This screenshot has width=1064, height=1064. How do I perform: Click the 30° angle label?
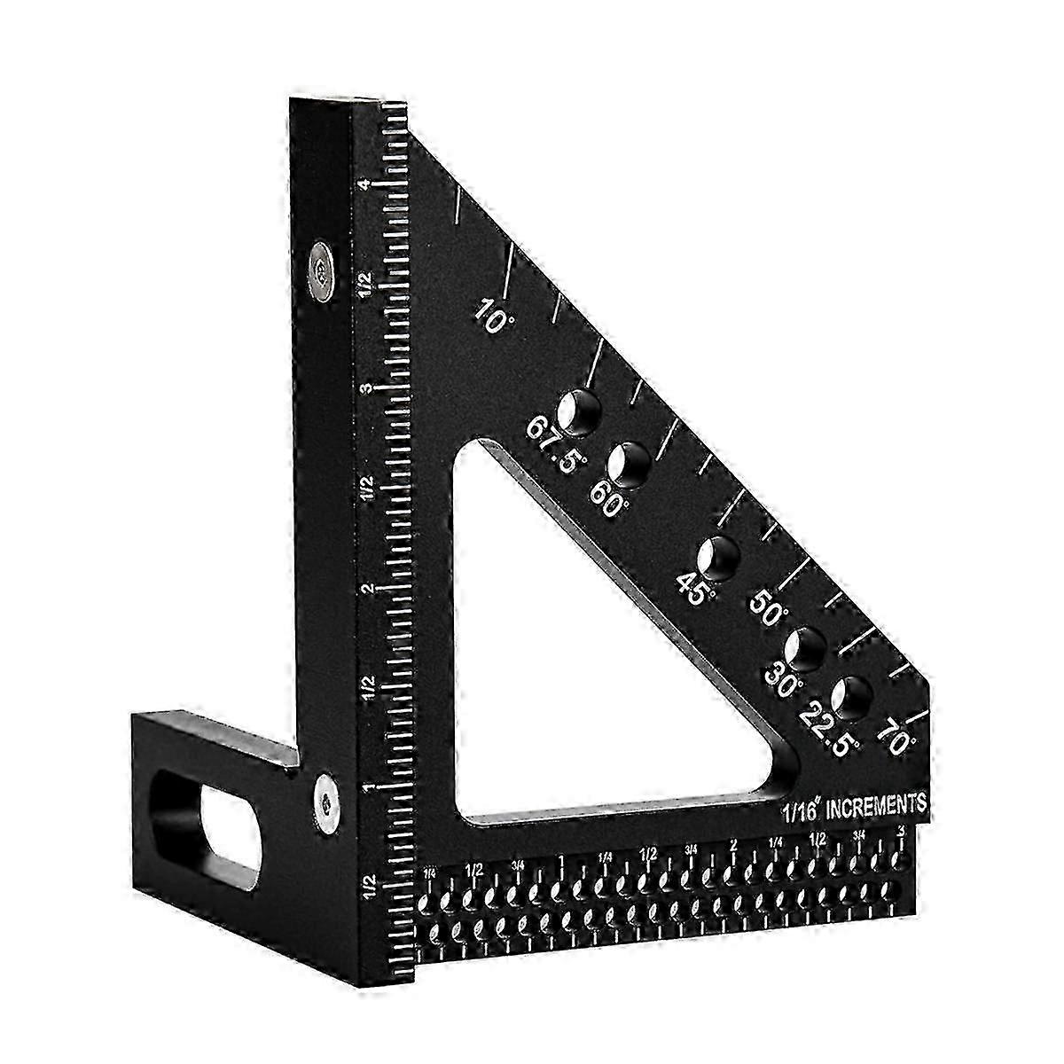click(x=784, y=677)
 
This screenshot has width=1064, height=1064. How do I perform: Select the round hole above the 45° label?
click(x=719, y=557)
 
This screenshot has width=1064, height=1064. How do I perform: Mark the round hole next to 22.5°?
click(x=852, y=696)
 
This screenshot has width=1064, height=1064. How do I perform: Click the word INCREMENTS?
click(x=877, y=805)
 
